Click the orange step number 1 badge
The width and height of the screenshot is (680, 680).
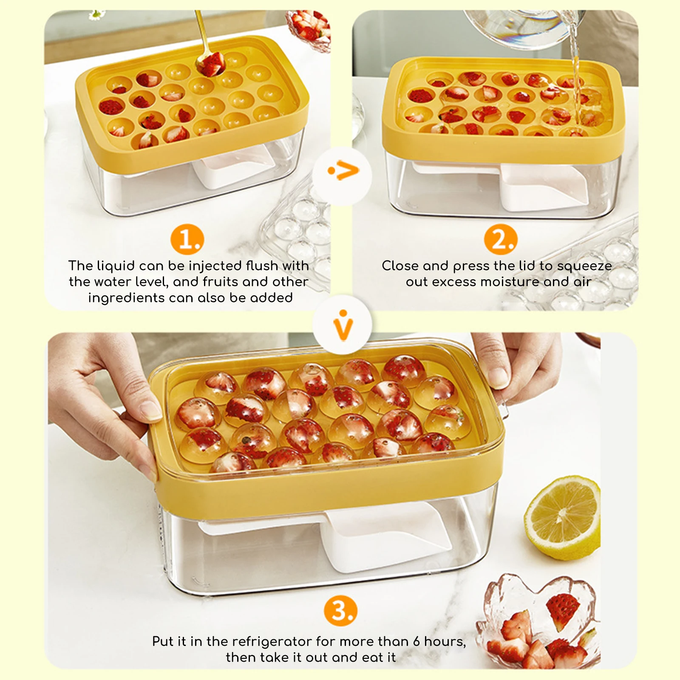(x=187, y=239)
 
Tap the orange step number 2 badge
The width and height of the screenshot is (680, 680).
(x=501, y=239)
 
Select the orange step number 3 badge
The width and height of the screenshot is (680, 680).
(x=341, y=611)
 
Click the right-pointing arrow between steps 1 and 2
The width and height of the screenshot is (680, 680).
(x=343, y=171)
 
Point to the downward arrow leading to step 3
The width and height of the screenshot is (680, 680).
(x=343, y=326)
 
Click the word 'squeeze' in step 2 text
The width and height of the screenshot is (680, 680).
(x=584, y=266)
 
